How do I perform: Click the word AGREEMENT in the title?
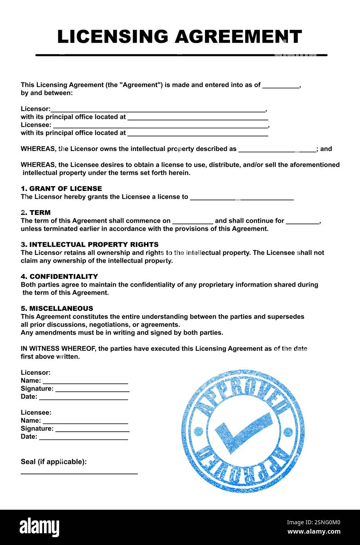click(238, 36)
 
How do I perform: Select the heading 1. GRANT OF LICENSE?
click(61, 189)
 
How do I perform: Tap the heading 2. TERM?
click(36, 213)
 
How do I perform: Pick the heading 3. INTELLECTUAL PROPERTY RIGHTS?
click(90, 245)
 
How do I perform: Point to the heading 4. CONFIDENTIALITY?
click(59, 276)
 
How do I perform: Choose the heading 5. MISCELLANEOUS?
click(57, 309)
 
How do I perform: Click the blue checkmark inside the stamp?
click(243, 431)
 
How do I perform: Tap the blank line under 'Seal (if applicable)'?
click(79, 473)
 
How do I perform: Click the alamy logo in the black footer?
click(40, 527)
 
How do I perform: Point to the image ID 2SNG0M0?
click(313, 522)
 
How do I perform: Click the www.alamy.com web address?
click(314, 532)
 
